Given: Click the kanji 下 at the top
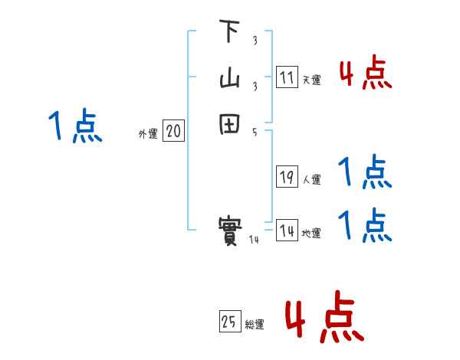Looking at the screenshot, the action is click(x=229, y=32).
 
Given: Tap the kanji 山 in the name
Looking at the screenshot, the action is click(x=229, y=78).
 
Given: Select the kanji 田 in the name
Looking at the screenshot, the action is click(x=229, y=125).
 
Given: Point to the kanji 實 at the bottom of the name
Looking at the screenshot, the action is click(x=229, y=230).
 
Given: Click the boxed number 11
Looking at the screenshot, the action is click(x=287, y=77).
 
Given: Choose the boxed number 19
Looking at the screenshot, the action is click(x=287, y=177).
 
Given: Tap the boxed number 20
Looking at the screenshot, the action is click(x=173, y=132).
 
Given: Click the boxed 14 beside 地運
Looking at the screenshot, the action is click(x=287, y=231).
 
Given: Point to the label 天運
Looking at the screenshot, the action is click(x=311, y=80).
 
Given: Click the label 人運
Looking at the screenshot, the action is click(x=311, y=180).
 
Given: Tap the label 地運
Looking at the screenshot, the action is click(x=311, y=234).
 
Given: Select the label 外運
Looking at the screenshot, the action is click(x=147, y=134).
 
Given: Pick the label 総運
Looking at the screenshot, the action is click(x=255, y=325).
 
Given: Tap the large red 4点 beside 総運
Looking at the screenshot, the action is click(x=324, y=316).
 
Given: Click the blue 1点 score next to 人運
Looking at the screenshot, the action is click(x=365, y=172).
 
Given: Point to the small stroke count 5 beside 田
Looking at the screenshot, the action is click(x=254, y=132).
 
